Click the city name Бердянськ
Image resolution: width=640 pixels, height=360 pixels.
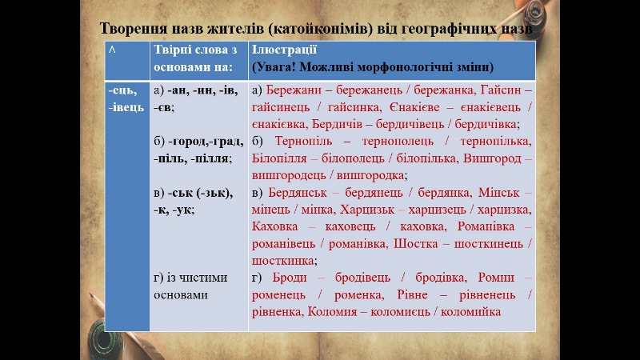(x=300, y=193)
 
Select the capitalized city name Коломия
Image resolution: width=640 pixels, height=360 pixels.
(x=330, y=311)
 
